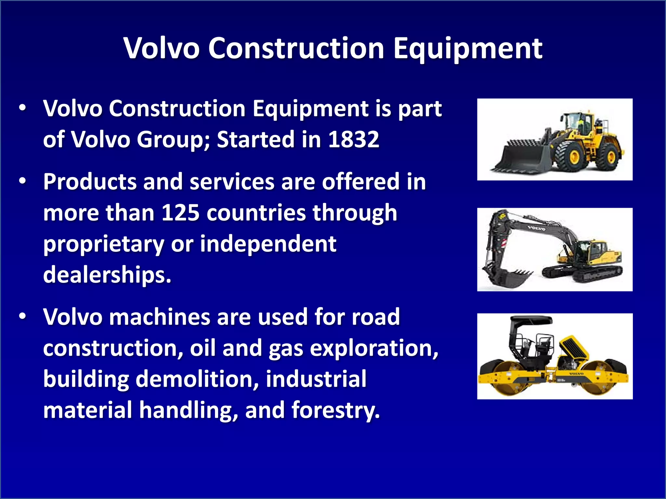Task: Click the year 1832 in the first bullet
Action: [353, 139]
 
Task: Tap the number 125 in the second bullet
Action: [180, 213]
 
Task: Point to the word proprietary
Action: [104, 244]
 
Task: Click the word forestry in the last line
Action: [335, 410]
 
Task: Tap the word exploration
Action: [374, 348]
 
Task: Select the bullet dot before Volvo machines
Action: [22, 317]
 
